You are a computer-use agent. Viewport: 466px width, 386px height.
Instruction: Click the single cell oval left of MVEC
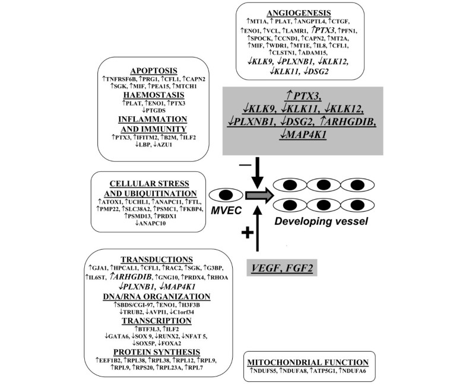point(226,194)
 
